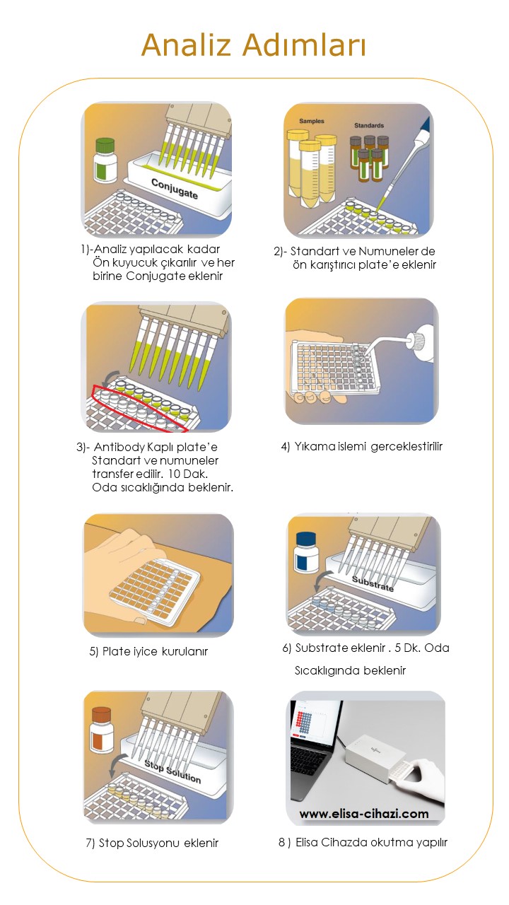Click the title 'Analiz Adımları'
pos(254,46)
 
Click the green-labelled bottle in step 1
pos(105,160)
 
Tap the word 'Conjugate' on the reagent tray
pos(175,188)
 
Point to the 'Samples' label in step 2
pos(311,121)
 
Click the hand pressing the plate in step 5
pos(141,548)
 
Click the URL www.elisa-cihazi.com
pos(363,813)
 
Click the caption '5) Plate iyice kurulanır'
pos(148,651)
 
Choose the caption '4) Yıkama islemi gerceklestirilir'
pos(361,446)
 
